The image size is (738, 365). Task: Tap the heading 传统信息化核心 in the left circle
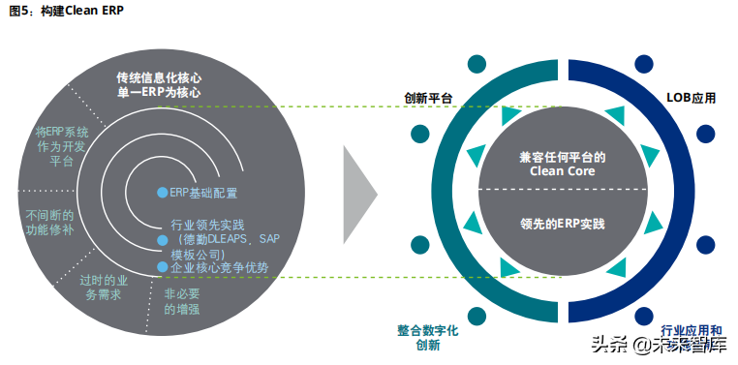click(x=158, y=76)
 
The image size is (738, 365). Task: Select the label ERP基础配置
click(x=203, y=193)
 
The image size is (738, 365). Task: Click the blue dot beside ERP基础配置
click(x=163, y=193)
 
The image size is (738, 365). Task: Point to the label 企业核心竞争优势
click(x=219, y=266)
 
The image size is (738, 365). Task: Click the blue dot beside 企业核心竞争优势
click(x=163, y=266)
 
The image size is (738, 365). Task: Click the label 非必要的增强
click(x=183, y=301)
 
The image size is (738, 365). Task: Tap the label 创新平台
click(x=427, y=99)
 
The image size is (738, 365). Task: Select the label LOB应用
click(x=692, y=99)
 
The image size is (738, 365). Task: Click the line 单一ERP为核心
click(x=158, y=92)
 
